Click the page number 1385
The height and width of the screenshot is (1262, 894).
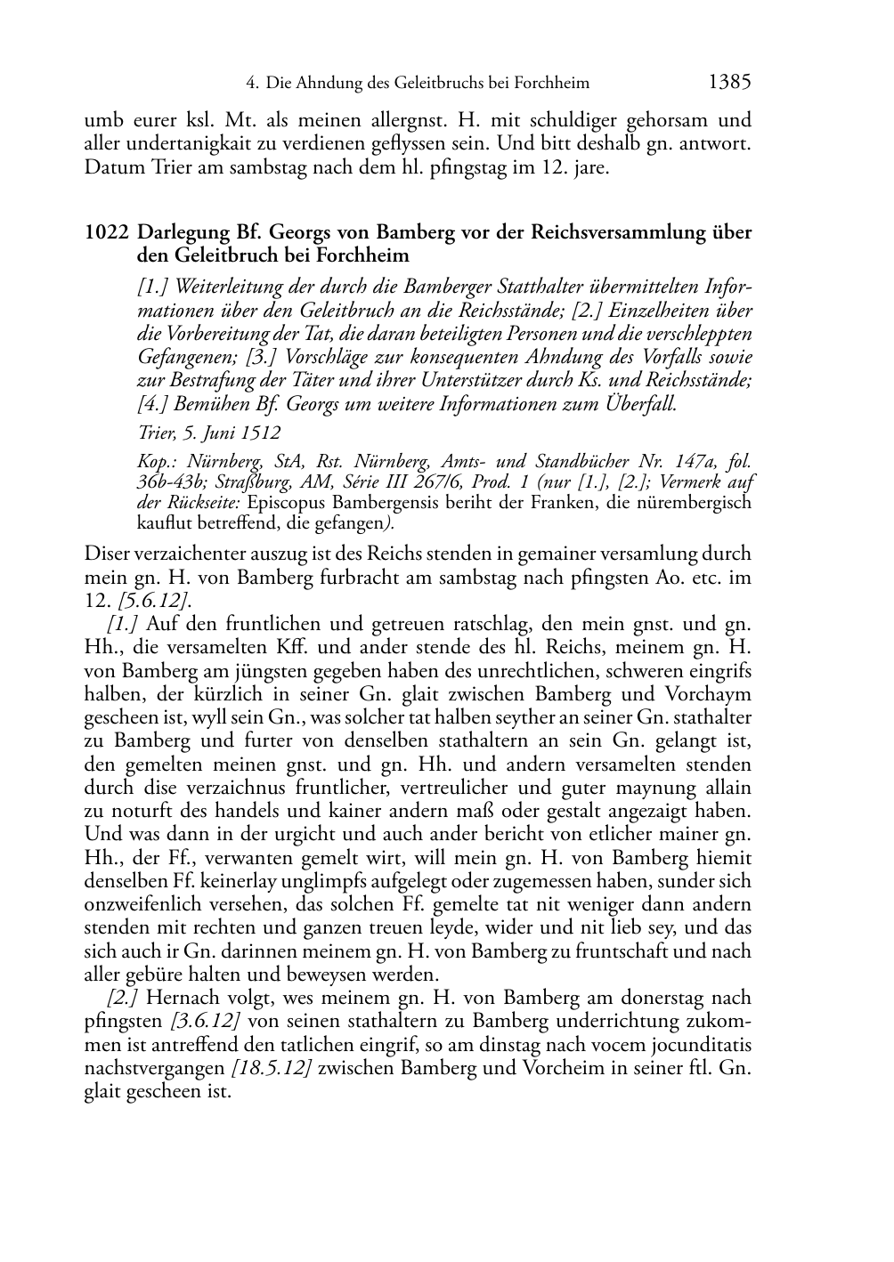730,83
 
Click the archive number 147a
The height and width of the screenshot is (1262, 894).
695,462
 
